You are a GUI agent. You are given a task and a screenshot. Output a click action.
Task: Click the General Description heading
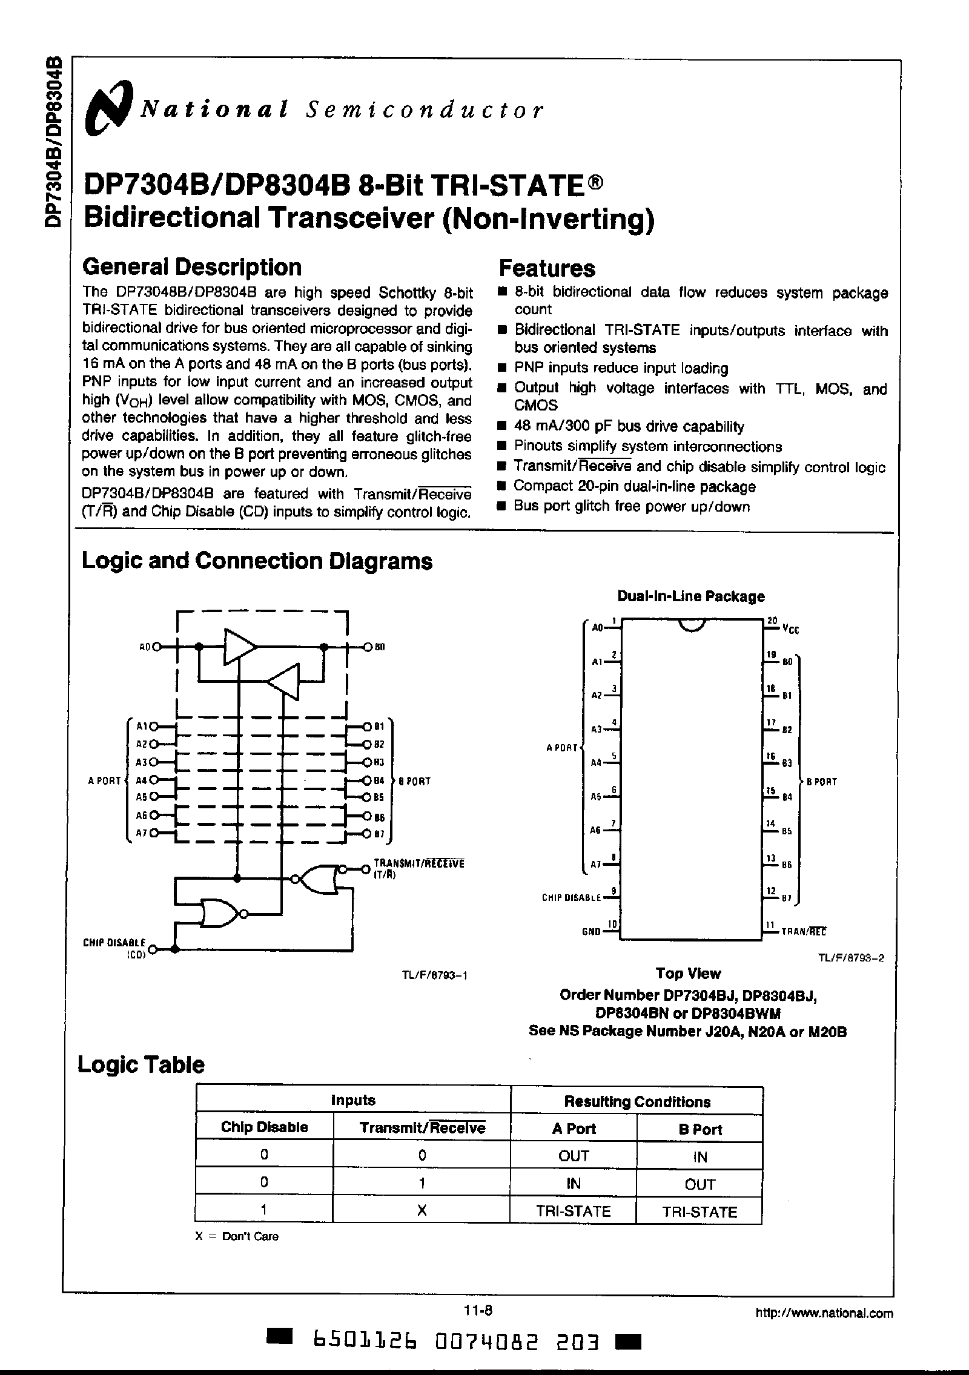(191, 267)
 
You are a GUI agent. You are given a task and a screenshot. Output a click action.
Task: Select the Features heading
(546, 268)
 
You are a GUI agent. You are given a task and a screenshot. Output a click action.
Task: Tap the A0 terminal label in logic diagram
(145, 647)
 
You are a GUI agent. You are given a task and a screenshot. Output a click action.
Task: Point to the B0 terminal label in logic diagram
(380, 647)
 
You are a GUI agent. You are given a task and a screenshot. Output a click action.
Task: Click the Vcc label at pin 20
(790, 630)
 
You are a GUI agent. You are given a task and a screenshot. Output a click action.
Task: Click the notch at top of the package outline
(692, 625)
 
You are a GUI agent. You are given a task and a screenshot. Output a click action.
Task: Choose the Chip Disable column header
(264, 1127)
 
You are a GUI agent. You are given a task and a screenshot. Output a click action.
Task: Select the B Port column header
(699, 1129)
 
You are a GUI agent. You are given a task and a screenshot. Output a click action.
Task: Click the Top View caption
(688, 974)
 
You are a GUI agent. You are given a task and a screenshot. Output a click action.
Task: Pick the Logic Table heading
(141, 1065)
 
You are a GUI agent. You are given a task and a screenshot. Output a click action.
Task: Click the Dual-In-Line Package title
(690, 596)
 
